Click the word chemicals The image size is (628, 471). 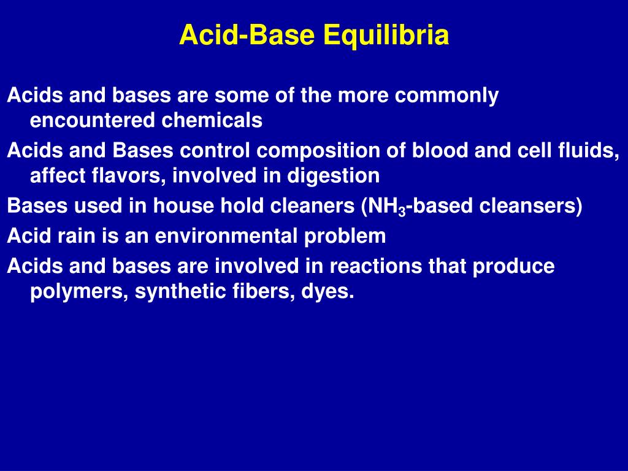[x=212, y=121]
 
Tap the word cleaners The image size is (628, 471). [x=307, y=206]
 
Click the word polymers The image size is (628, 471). [x=78, y=291]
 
